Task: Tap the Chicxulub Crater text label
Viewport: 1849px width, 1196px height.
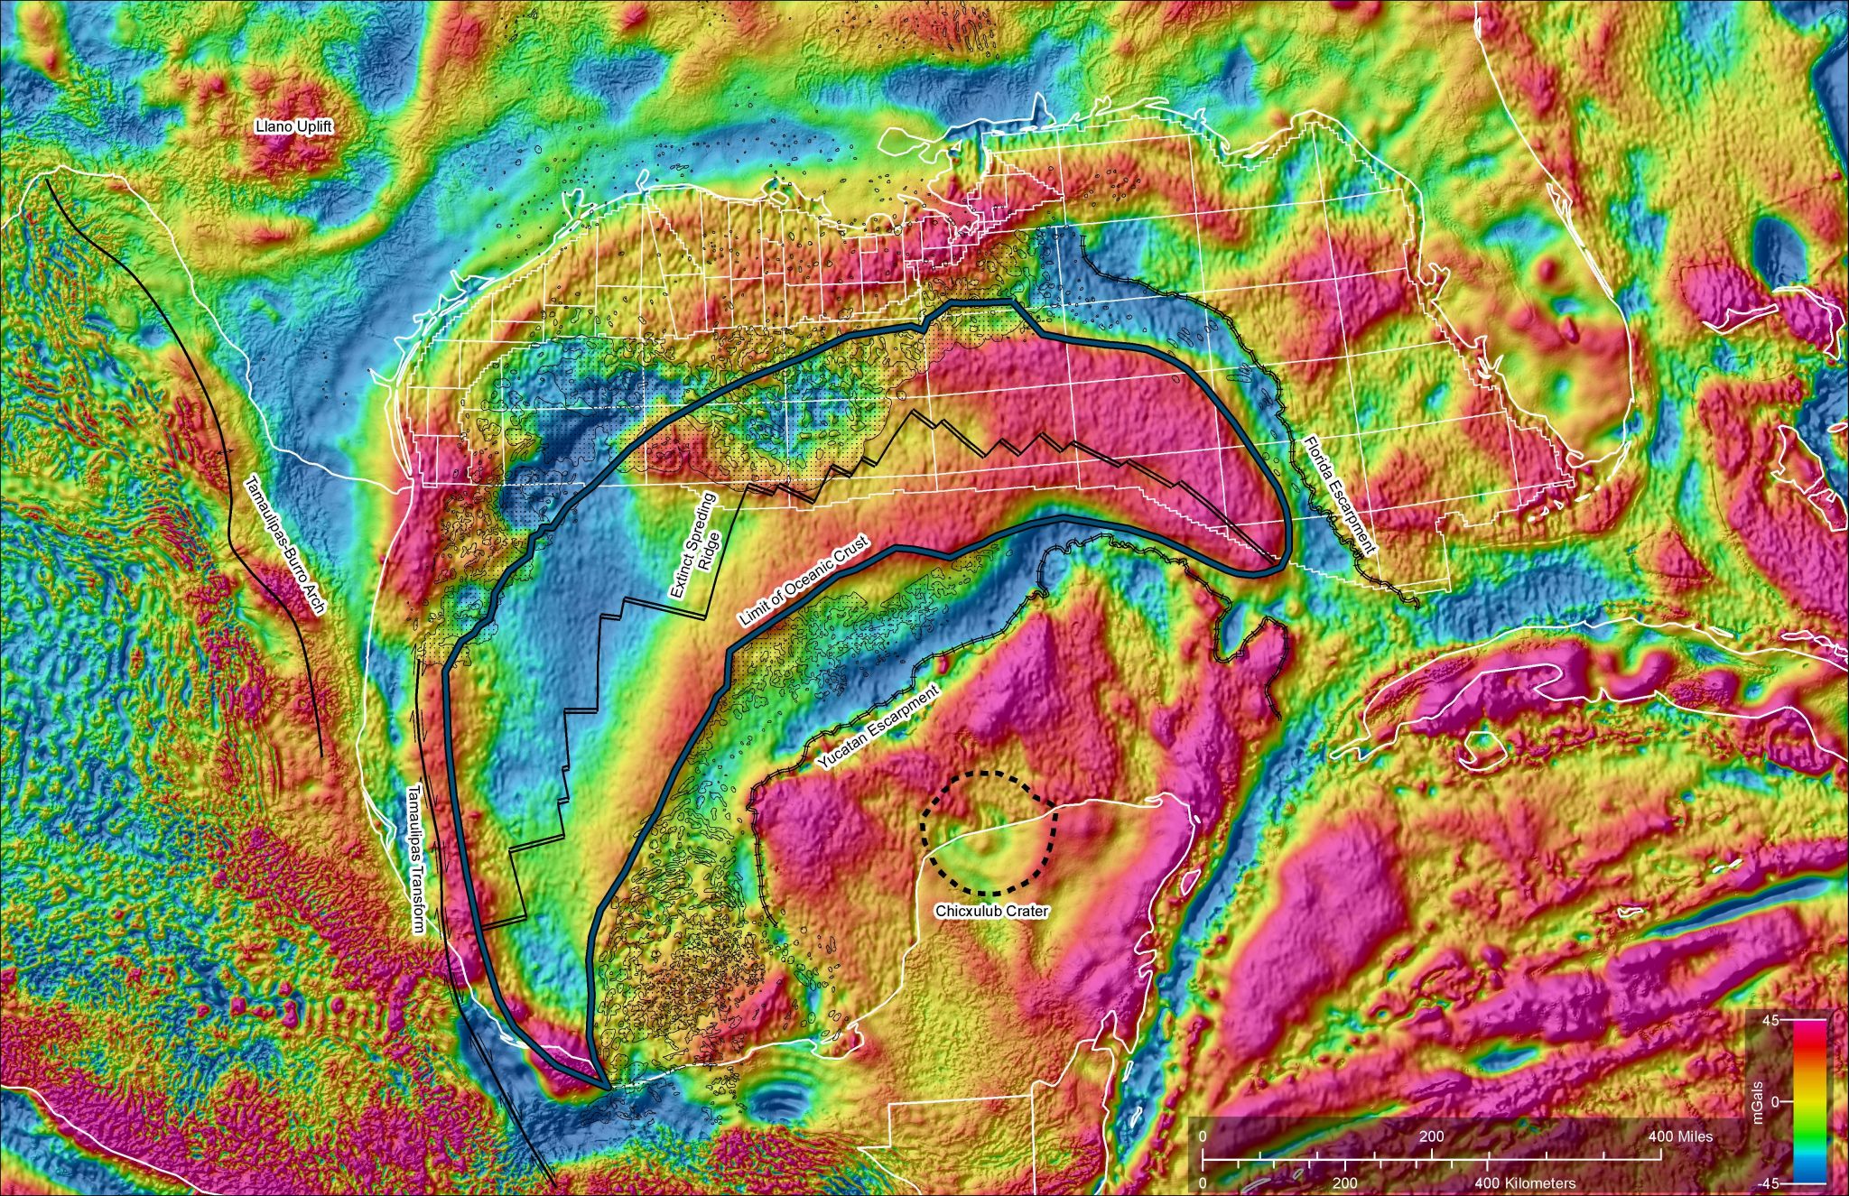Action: [991, 911]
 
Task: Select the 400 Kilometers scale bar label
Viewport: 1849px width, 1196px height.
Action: [1525, 1183]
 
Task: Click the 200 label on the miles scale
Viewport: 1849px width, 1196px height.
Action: [1431, 1136]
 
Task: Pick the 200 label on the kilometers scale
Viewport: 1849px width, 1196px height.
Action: [1344, 1183]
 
